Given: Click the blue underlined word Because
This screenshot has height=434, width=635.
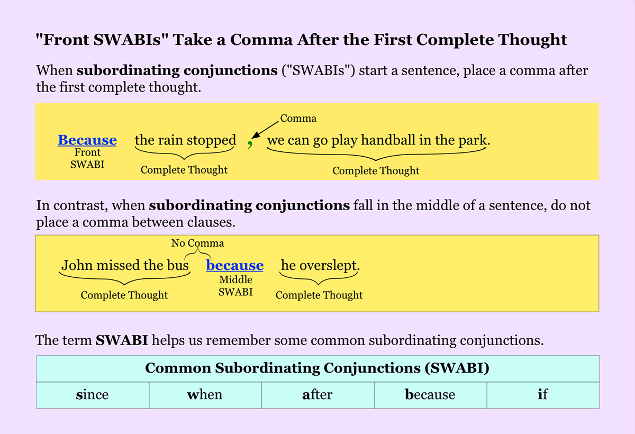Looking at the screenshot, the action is (87, 140).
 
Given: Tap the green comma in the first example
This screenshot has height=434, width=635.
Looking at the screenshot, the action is (250, 144).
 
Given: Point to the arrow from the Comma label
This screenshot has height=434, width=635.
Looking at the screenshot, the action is (265, 130).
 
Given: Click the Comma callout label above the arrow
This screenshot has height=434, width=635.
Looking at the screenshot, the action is (298, 118).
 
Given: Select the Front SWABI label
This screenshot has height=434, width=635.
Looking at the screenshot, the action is (87, 158).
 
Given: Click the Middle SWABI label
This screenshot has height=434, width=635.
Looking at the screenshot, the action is (235, 286).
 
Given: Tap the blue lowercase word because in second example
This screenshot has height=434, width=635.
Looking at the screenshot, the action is (235, 265).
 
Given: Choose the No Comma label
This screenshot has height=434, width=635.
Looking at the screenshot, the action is (197, 243).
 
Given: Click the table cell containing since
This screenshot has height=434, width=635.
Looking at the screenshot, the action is (93, 395).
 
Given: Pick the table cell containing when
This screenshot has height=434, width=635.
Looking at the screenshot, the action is (205, 395).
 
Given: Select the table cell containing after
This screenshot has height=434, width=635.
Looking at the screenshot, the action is (318, 395).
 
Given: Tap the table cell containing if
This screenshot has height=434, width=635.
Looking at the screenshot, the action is (543, 395).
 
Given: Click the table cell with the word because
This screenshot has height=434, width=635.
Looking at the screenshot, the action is (430, 395).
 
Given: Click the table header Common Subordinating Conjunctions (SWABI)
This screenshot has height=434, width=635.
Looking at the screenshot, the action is (317, 368).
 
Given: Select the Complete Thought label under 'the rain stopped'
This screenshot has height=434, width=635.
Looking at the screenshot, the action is (184, 170).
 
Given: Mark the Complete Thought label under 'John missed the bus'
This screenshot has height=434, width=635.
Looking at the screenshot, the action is (124, 295).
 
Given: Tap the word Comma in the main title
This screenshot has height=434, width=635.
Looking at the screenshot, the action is (261, 40).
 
